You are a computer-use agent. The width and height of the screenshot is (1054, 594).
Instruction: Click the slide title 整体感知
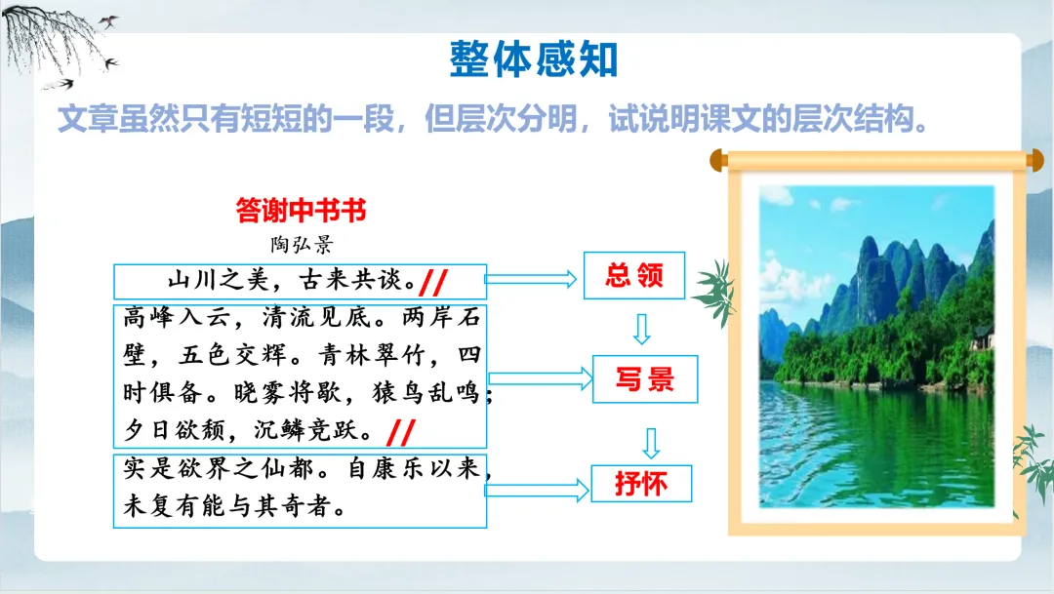pyautogui.click(x=534, y=59)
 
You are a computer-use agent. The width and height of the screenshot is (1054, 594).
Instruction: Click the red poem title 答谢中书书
pyautogui.click(x=301, y=211)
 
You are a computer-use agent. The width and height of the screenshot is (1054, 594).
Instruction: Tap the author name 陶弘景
pyautogui.click(x=302, y=244)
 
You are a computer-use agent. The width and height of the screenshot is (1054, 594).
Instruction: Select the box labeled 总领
pyautogui.click(x=634, y=275)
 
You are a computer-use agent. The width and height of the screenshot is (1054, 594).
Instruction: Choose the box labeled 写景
pyautogui.click(x=645, y=379)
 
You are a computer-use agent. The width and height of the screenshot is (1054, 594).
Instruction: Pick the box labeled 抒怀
pyautogui.click(x=641, y=483)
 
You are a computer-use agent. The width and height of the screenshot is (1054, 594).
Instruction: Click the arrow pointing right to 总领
pyautogui.click(x=530, y=279)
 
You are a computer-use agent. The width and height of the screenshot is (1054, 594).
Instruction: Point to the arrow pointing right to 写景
pyautogui.click(x=541, y=379)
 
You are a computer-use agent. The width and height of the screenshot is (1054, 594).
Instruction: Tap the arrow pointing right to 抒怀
pyautogui.click(x=537, y=490)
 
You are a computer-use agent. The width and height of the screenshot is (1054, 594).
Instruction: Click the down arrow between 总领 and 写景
pyautogui.click(x=642, y=329)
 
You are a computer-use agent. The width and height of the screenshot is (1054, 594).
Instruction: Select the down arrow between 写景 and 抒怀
pyautogui.click(x=651, y=443)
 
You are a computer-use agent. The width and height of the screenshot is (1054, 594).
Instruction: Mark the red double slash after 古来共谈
pyautogui.click(x=433, y=282)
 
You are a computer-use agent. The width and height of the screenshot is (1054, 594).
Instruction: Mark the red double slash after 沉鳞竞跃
pyautogui.click(x=401, y=433)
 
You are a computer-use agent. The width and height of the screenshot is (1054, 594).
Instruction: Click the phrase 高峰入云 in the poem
pyautogui.click(x=176, y=317)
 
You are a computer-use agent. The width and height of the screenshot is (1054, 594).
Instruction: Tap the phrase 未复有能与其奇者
pyautogui.click(x=227, y=506)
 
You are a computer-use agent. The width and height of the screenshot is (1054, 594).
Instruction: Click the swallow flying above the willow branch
pyautogui.click(x=108, y=21)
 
